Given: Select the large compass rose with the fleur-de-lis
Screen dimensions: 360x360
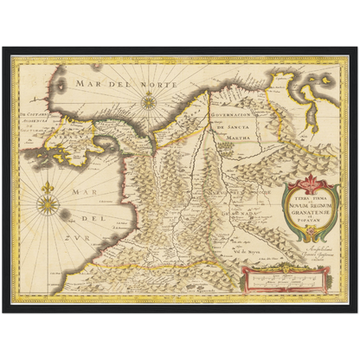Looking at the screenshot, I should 48,204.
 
